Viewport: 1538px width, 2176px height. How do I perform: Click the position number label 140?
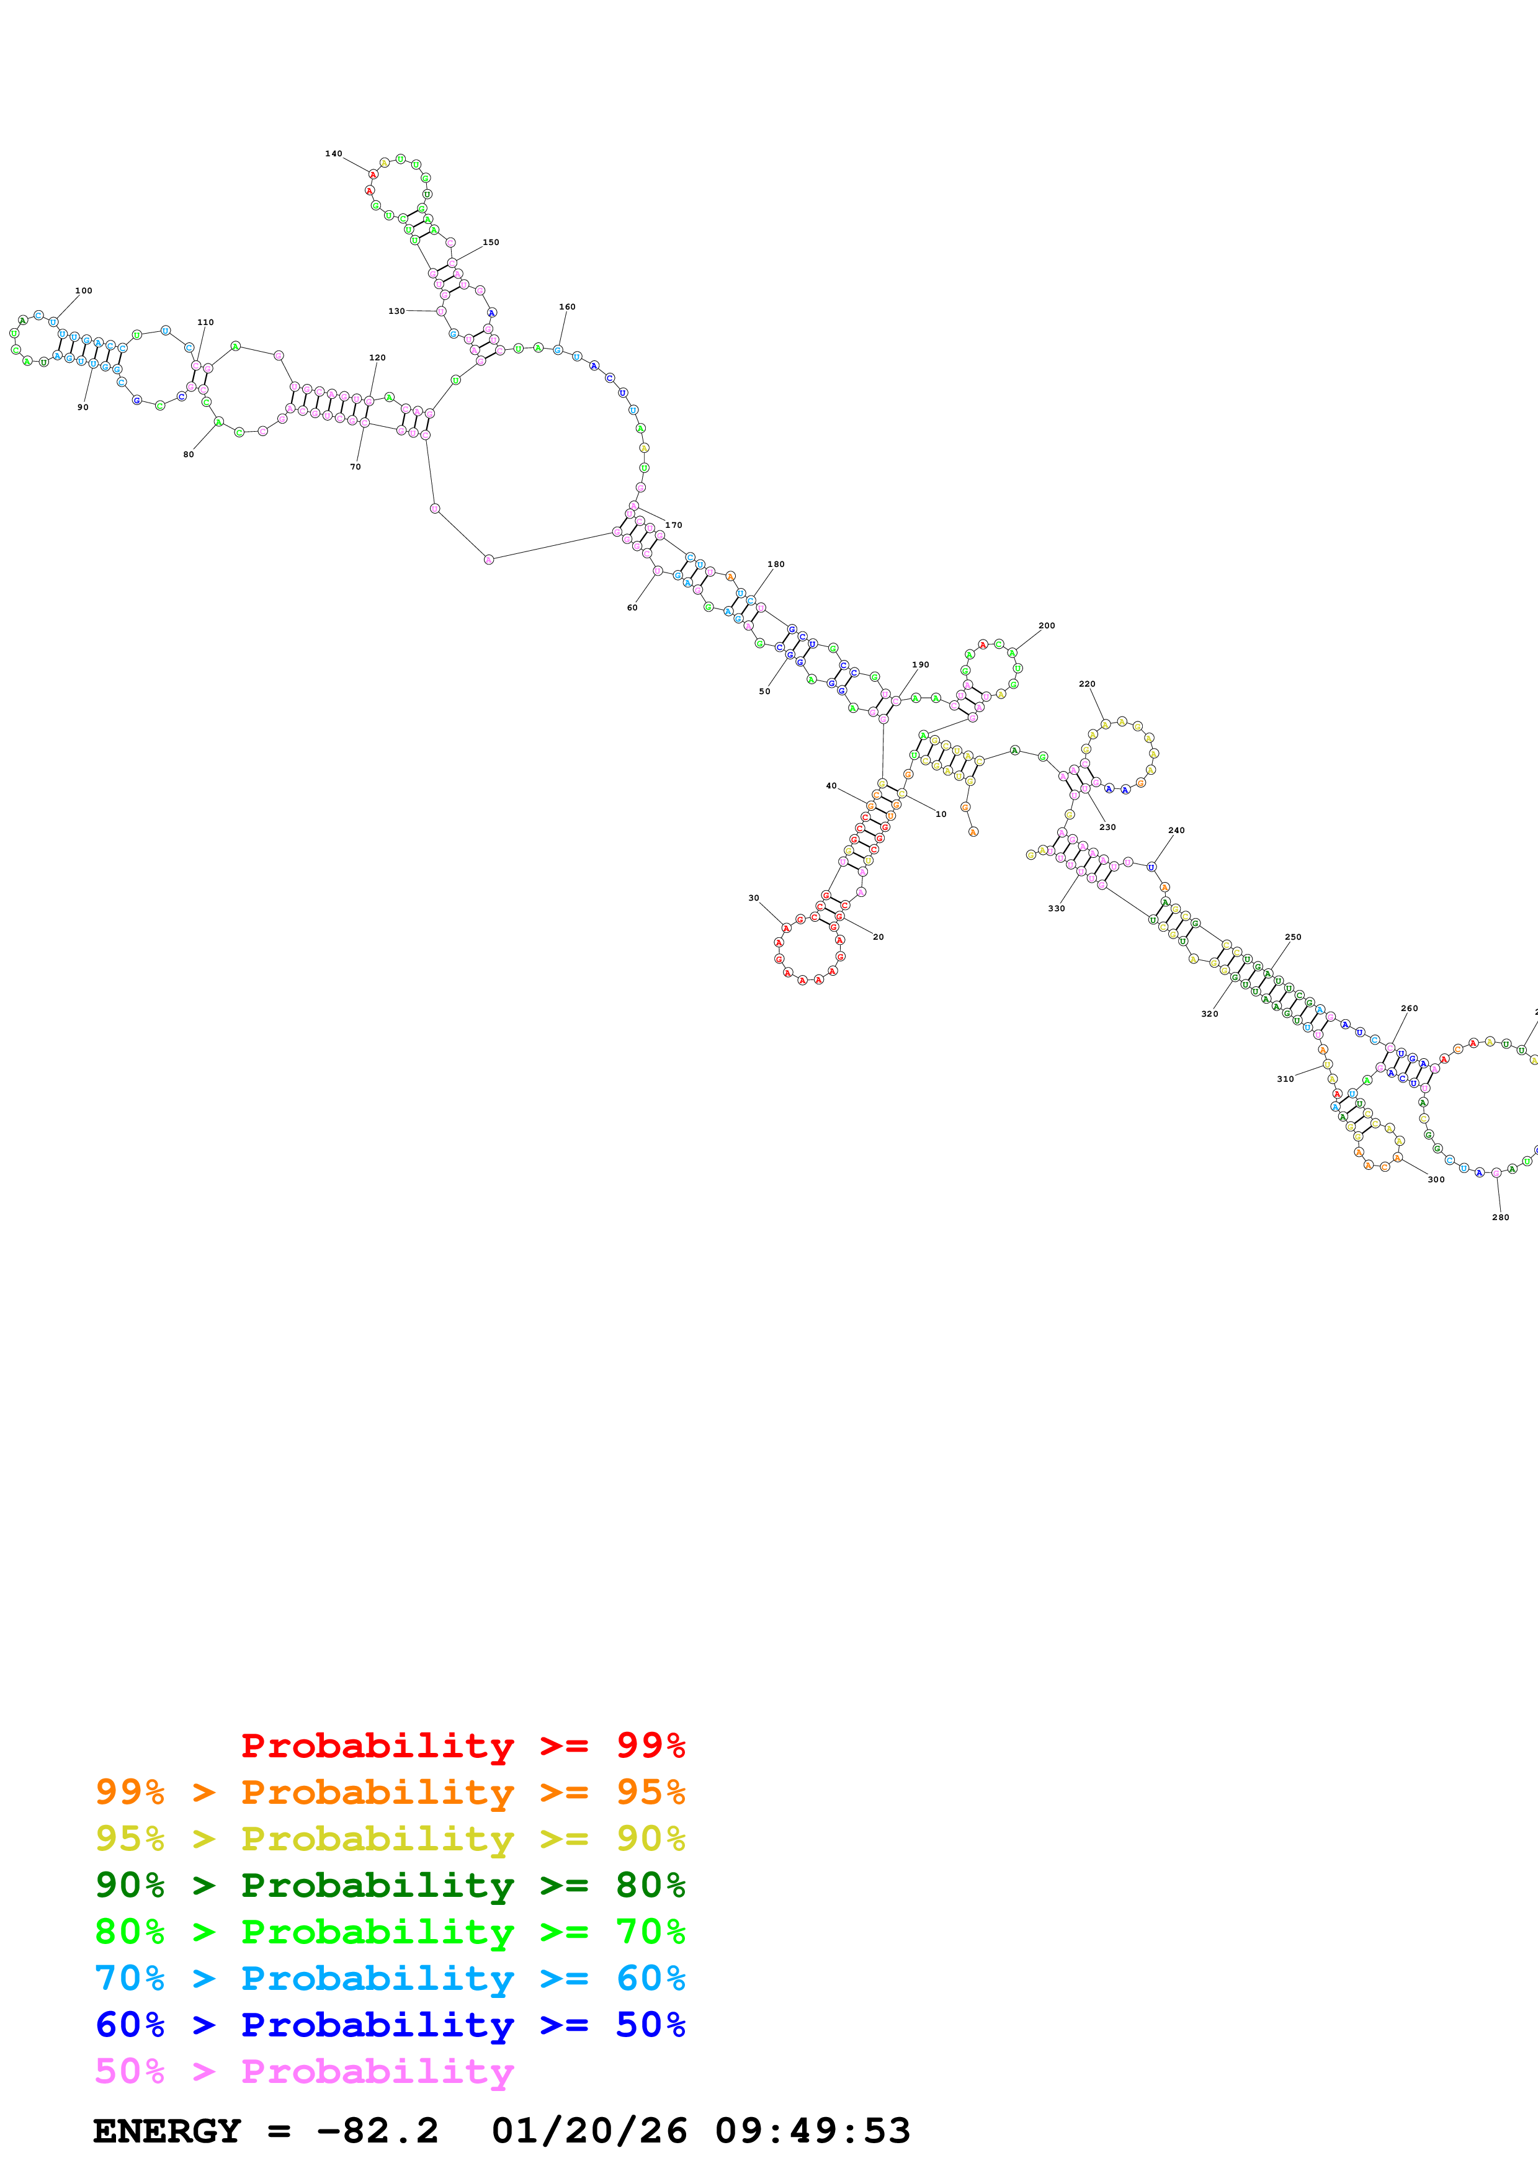point(334,154)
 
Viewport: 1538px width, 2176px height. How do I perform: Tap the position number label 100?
point(83,291)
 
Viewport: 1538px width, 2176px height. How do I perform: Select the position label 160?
point(566,307)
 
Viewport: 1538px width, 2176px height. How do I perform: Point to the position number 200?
point(1046,625)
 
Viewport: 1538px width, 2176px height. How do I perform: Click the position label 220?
point(1087,684)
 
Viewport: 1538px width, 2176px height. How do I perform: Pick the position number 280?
point(1500,1217)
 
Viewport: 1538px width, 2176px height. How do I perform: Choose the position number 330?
point(1056,908)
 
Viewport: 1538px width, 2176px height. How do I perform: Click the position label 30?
point(753,898)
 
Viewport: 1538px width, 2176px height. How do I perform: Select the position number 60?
point(632,607)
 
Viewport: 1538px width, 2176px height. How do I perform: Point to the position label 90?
point(83,408)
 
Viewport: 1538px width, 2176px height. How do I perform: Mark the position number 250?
point(1292,937)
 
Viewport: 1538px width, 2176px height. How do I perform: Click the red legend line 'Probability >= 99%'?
point(462,1745)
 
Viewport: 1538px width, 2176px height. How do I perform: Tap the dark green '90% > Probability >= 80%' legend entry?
point(390,1885)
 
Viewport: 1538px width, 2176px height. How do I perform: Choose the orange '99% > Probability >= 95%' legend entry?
point(390,1792)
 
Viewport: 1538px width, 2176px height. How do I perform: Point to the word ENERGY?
point(167,2131)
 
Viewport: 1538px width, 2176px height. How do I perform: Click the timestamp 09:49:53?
point(812,2131)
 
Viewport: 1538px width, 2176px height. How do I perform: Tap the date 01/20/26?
point(589,2131)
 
